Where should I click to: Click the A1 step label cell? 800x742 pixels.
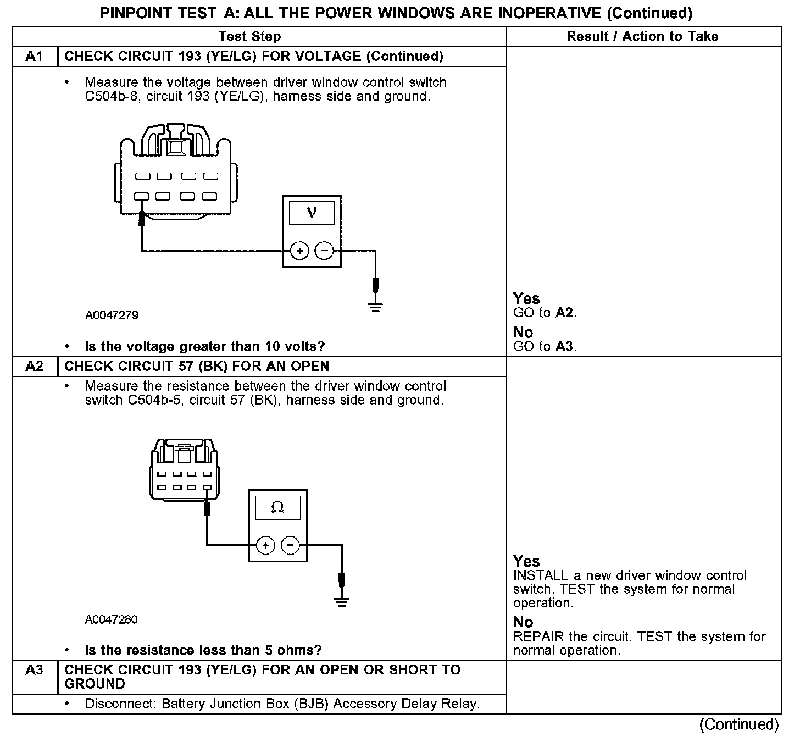(34, 57)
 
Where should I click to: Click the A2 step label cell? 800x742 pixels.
(34, 367)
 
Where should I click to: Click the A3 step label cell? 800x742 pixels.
(34, 671)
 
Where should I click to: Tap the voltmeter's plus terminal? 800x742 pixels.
(299, 251)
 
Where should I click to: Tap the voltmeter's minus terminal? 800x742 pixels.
(324, 251)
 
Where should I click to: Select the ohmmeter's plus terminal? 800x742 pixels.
(265, 545)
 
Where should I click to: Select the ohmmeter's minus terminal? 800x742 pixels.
(290, 545)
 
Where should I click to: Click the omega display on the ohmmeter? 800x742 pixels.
(277, 507)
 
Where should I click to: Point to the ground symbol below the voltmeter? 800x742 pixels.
(376, 307)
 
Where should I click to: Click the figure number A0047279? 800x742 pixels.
(112, 315)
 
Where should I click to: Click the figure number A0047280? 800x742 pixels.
(111, 619)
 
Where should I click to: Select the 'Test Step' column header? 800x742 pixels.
(249, 37)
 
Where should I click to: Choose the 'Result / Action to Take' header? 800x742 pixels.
(642, 37)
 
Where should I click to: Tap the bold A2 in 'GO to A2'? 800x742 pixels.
(565, 313)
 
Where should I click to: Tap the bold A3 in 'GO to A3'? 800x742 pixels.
(565, 346)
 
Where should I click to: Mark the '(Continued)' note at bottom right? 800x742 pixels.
(739, 724)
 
